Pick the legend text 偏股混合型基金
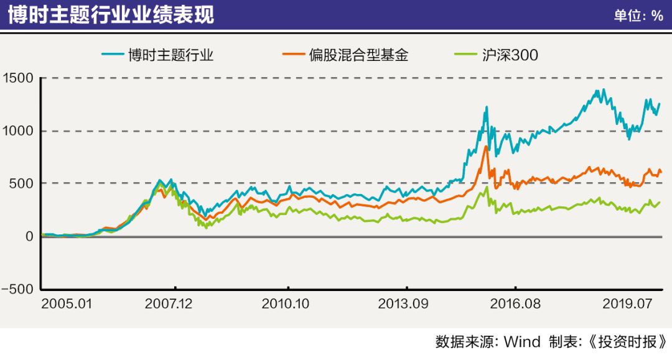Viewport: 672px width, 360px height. tap(360, 55)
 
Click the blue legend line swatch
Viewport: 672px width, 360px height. tap(115, 55)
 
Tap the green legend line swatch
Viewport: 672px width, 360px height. tap(463, 55)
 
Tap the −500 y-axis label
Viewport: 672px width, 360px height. tap(18, 289)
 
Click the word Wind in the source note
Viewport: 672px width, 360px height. tap(522, 342)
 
